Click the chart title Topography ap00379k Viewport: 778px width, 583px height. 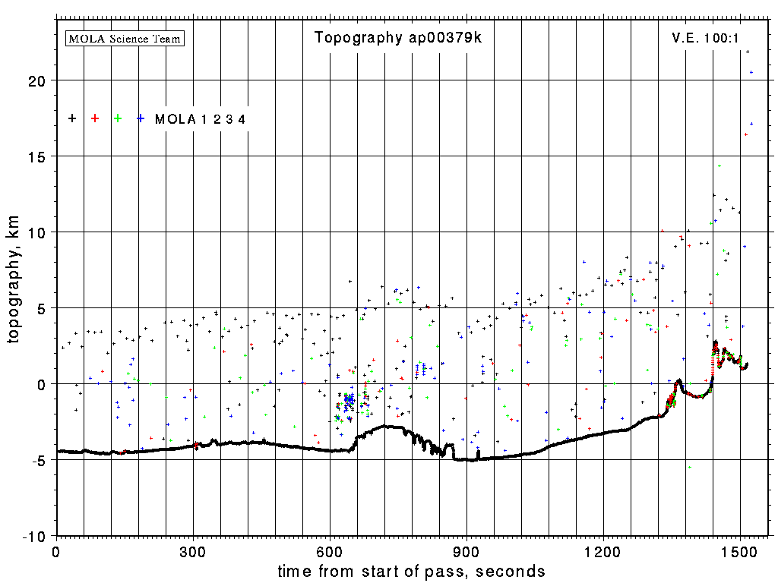[398, 38]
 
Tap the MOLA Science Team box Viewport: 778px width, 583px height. [125, 38]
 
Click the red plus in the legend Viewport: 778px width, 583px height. [95, 118]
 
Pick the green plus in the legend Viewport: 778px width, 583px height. [118, 118]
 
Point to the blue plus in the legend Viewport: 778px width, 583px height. [141, 118]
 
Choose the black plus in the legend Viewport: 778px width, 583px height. [72, 118]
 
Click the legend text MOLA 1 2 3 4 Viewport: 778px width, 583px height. [200, 119]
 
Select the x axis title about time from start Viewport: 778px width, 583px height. [411, 571]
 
